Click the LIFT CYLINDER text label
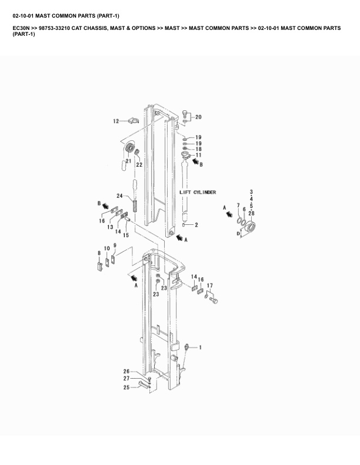tap(197, 192)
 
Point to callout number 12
tap(116, 122)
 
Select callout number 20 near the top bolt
tap(198, 117)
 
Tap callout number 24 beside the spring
tap(119, 196)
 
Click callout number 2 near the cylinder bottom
tap(196, 225)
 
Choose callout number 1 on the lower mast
tap(200, 348)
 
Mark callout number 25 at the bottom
tap(126, 387)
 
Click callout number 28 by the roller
tap(251, 213)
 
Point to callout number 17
tap(209, 286)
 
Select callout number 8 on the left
tap(99, 253)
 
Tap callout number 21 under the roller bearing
tap(128, 161)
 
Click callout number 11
tap(198, 156)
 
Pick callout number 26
tap(126, 371)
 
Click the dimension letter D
tap(238, 234)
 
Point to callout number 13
tap(110, 227)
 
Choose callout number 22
tap(139, 165)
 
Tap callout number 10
tap(107, 248)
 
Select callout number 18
tap(198, 149)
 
